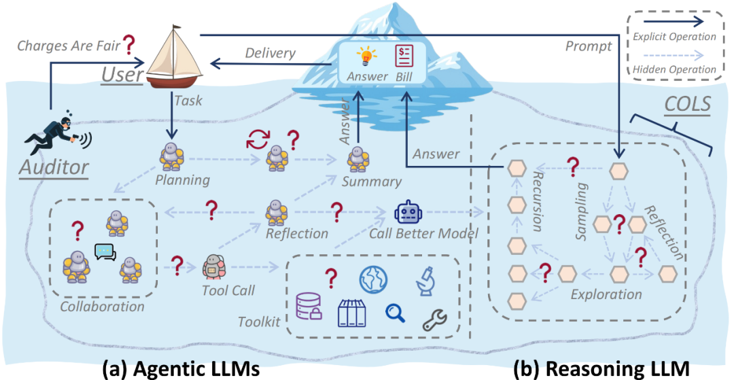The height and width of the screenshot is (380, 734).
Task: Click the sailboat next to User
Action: click(x=175, y=58)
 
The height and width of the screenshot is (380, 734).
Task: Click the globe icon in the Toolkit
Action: click(x=373, y=277)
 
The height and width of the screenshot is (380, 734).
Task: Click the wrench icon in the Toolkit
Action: click(x=435, y=319)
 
